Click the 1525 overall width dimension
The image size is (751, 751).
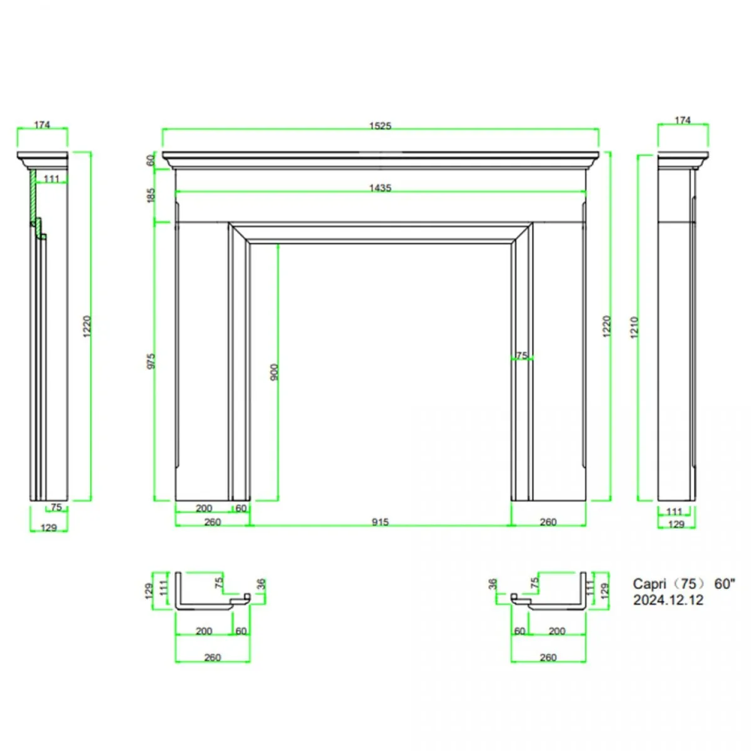[x=380, y=126]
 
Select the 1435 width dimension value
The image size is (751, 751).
[x=380, y=188]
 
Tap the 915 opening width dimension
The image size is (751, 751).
[x=380, y=522]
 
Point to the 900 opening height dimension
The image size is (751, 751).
[x=274, y=372]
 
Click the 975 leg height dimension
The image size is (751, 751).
[x=151, y=361]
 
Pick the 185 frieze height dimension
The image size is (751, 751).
[x=151, y=195]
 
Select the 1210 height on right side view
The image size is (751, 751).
[x=635, y=327]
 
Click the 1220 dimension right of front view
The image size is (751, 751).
[x=606, y=327]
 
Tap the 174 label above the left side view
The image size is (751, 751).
[x=42, y=125]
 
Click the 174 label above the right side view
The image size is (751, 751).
[x=683, y=120]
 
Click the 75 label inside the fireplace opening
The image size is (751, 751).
[x=521, y=355]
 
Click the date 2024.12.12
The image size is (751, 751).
[x=668, y=600]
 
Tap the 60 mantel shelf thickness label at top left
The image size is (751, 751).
[x=151, y=160]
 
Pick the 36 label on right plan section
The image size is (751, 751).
[x=493, y=585]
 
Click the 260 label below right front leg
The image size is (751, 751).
[x=548, y=522]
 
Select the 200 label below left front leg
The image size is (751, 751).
[x=204, y=508]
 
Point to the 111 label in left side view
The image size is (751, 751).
[x=51, y=179]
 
